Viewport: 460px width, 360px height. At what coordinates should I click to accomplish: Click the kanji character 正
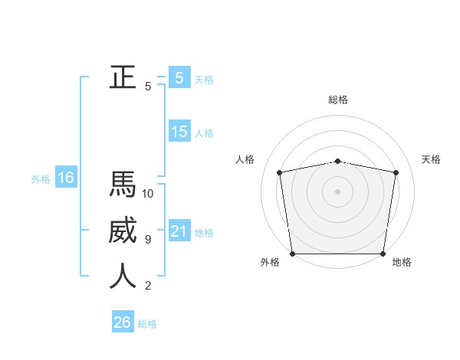click(123, 77)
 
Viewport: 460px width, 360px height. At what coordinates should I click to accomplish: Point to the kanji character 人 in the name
click(123, 276)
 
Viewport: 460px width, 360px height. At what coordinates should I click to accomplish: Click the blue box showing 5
click(179, 77)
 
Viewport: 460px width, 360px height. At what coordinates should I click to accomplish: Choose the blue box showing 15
click(179, 132)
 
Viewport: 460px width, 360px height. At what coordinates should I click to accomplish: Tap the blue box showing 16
click(65, 178)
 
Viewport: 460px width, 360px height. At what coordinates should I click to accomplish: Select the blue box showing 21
click(179, 231)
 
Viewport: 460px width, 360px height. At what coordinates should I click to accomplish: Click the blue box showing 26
click(122, 322)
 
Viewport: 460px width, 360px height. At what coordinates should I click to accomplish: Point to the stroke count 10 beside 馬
click(148, 194)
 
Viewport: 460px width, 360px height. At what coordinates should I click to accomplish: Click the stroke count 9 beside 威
click(148, 240)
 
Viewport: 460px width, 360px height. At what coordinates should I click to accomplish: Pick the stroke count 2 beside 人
click(148, 286)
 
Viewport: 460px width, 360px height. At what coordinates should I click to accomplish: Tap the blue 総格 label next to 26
click(148, 324)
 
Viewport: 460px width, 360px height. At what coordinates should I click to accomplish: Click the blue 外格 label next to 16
click(41, 179)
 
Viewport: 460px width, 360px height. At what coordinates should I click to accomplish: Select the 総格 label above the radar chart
click(338, 100)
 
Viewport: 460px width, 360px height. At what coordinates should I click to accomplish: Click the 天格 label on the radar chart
click(432, 159)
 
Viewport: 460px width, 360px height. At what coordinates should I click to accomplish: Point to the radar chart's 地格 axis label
click(402, 262)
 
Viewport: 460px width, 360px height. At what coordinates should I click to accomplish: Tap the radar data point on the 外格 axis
click(292, 254)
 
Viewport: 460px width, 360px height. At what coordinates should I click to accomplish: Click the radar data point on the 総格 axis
click(338, 161)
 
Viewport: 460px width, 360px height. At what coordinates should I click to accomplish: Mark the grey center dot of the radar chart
click(338, 191)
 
